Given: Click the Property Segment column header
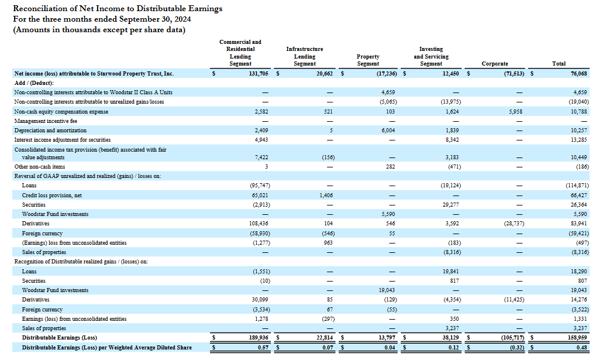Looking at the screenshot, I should (368, 60).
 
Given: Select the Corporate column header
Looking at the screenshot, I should (494, 64).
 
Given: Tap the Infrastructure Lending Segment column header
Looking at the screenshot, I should (304, 57).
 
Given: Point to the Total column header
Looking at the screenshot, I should (559, 64).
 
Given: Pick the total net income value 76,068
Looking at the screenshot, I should (578, 74).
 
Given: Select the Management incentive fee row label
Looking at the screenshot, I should (45, 121).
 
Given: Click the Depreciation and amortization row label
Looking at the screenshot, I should (50, 131).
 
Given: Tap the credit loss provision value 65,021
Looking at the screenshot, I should (259, 195).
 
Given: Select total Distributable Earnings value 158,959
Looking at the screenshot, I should (577, 338).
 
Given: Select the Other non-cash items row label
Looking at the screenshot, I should (39, 167).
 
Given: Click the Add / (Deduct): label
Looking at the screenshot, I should (33, 83).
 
